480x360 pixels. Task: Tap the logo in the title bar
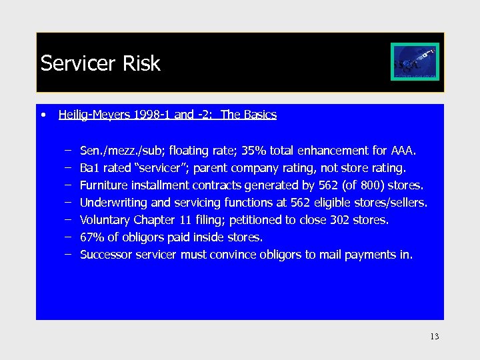(415, 63)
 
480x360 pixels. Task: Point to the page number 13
(435, 337)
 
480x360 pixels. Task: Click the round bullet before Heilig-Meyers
(43, 115)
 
